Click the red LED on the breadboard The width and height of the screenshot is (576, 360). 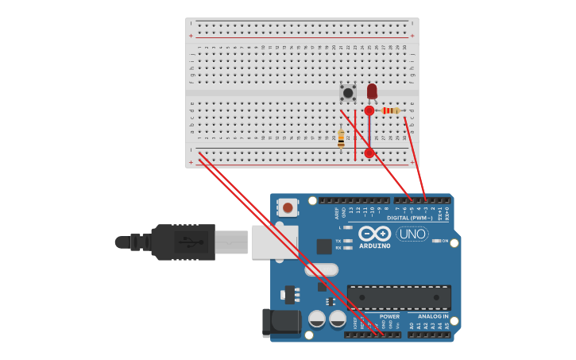coord(372,91)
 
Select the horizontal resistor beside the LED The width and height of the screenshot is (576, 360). coord(390,110)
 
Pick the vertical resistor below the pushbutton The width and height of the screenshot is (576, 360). coord(341,138)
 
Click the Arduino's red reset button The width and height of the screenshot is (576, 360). coord(288,208)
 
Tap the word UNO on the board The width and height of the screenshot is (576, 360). coord(412,234)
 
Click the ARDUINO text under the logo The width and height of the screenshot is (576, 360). coord(375,246)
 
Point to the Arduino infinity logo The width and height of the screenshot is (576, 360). coord(375,233)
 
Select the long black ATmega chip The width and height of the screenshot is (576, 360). coord(399,297)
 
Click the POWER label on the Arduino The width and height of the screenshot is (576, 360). coord(389,316)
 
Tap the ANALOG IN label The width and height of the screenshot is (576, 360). coord(433,316)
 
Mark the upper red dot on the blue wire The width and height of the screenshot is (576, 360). coord(369,110)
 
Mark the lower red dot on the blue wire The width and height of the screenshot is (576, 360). coord(369,153)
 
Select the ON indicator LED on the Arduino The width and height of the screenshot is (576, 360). coord(435,241)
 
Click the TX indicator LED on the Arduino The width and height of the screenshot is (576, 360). coord(348,241)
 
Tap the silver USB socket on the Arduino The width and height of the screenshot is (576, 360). coord(274,242)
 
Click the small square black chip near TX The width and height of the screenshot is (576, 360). coord(324,246)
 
